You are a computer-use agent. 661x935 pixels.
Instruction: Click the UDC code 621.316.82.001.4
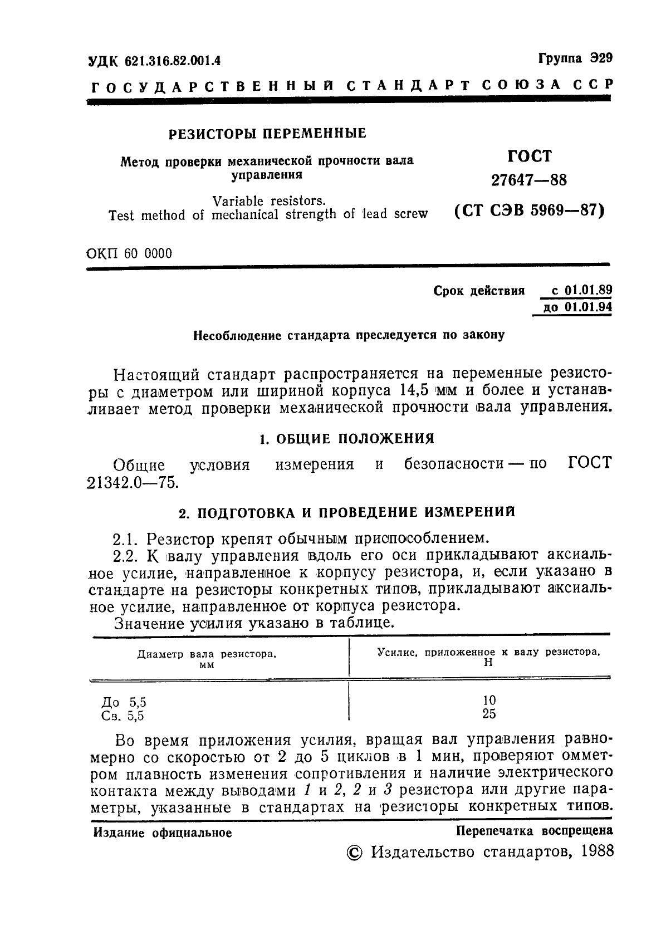173,61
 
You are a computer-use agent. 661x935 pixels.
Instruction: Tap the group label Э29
601,58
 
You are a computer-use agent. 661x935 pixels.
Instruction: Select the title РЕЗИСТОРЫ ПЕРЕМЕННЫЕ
267,133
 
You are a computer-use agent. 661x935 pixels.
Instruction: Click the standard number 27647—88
528,180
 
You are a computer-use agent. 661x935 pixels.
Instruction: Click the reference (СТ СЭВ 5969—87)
529,212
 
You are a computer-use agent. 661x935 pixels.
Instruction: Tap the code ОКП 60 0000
130,253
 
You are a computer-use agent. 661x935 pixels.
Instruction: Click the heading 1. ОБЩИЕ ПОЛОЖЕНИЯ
347,439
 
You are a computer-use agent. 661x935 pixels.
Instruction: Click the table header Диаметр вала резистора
207,654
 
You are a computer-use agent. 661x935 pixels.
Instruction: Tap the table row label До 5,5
124,702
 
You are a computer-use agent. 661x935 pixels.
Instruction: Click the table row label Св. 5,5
123,716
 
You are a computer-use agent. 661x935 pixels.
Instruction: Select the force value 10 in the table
489,700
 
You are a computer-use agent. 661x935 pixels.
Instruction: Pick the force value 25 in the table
489,714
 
